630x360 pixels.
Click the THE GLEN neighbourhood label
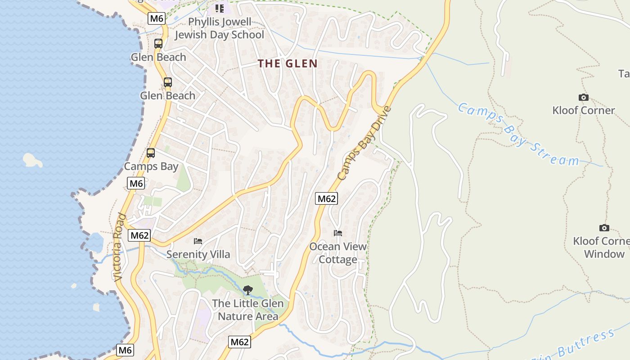click(x=288, y=63)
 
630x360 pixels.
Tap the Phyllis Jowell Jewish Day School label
click(x=219, y=28)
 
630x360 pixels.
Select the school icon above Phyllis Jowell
click(x=219, y=8)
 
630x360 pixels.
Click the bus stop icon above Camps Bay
click(x=151, y=153)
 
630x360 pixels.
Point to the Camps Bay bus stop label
click(x=151, y=166)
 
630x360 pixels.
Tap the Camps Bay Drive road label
click(x=365, y=143)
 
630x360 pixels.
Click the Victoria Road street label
click(x=118, y=247)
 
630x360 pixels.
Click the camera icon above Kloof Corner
click(x=583, y=97)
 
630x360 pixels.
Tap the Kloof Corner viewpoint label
click(x=584, y=110)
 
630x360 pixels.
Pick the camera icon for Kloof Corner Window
click(x=604, y=228)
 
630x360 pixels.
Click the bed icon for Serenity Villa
click(x=198, y=241)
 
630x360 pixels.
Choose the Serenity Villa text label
click(x=198, y=254)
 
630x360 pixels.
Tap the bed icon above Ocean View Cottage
click(x=338, y=233)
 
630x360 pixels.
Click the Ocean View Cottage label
click(x=338, y=253)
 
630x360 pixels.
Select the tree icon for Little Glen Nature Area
click(x=247, y=290)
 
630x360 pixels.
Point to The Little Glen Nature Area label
click(x=248, y=310)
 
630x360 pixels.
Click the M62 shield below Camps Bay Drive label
click(x=326, y=198)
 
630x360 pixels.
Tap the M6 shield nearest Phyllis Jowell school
click(x=157, y=18)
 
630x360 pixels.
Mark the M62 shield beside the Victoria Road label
click(x=139, y=235)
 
